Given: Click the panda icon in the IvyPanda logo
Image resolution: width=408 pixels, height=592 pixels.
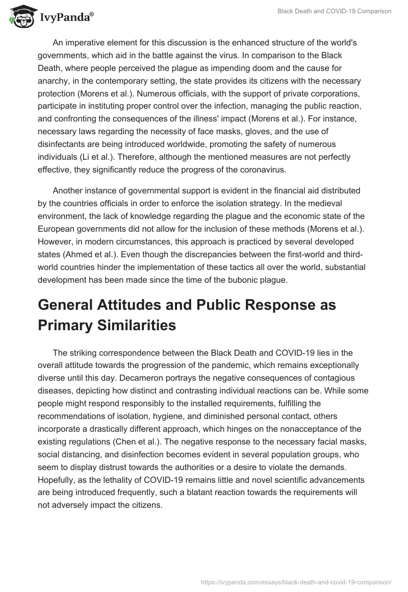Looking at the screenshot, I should (x=20, y=17).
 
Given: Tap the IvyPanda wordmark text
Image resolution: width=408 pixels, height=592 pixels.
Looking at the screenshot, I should (x=65, y=18).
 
